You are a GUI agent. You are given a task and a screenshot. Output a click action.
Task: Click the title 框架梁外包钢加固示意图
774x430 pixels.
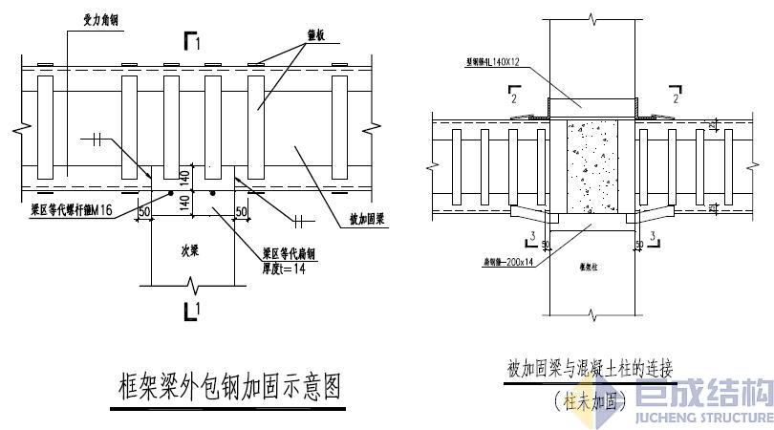coord(226,389)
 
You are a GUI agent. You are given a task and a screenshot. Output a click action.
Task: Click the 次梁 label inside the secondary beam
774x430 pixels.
coord(190,250)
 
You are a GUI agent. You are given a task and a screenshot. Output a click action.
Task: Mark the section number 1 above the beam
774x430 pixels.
coord(196,42)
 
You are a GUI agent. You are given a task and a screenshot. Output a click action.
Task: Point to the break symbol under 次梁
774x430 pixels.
coord(196,285)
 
